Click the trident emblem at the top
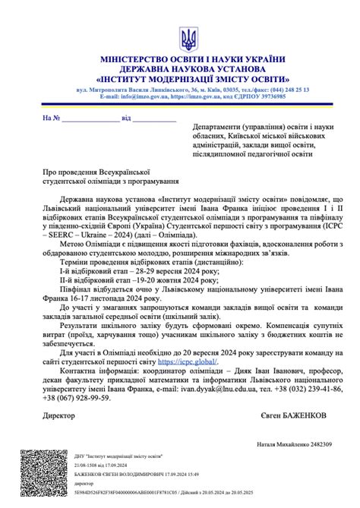pos(187,38)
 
